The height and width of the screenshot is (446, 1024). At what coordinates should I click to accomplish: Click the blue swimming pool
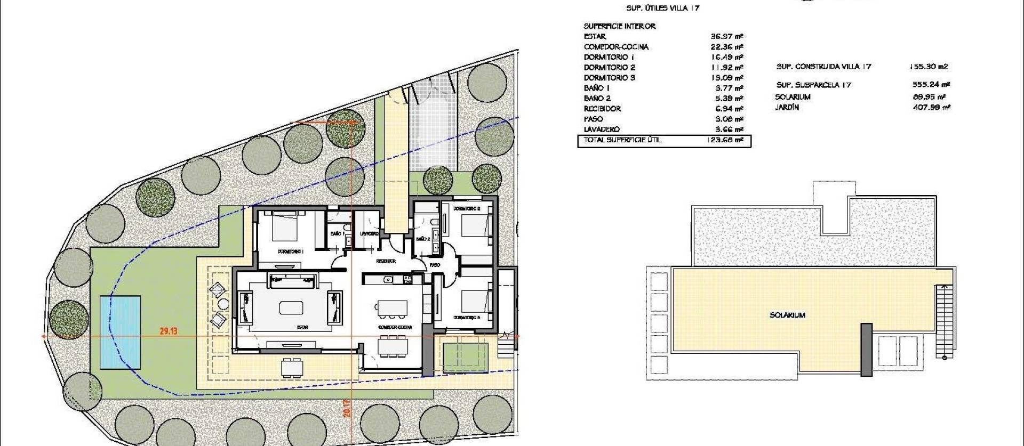(x=121, y=333)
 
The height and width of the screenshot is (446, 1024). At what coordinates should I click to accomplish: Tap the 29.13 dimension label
(x=168, y=331)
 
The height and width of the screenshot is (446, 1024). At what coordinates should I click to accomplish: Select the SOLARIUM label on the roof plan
(x=787, y=315)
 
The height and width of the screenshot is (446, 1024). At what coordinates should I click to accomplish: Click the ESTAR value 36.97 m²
(x=726, y=37)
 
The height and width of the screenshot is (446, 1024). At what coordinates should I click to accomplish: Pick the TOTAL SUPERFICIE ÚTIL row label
(x=622, y=140)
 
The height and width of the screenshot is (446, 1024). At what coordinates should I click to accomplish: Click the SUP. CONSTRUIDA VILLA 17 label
(x=823, y=67)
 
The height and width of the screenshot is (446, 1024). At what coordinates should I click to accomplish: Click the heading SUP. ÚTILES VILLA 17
(x=662, y=8)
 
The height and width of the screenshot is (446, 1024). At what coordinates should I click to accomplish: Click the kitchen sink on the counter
(x=389, y=279)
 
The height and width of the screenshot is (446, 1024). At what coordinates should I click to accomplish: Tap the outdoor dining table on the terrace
(x=291, y=367)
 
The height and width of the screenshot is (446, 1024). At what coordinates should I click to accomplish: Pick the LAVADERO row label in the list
(x=602, y=129)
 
